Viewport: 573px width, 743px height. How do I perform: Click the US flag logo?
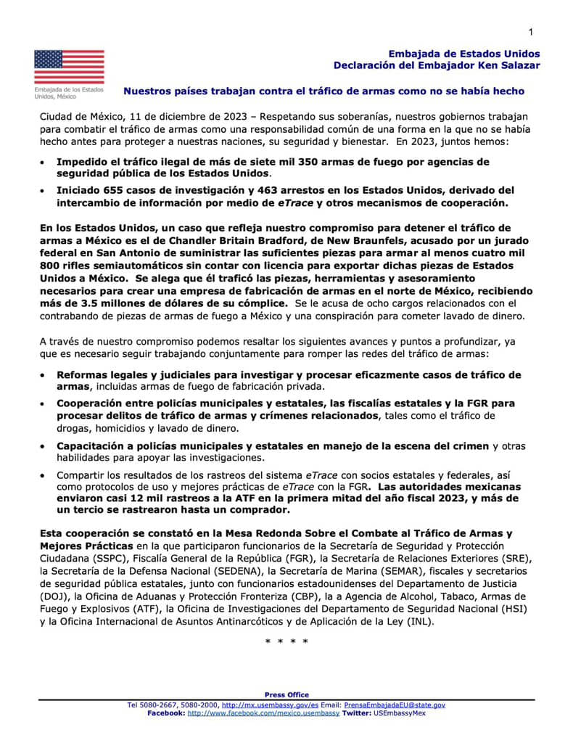point(69,67)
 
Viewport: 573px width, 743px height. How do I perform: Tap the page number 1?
point(531,31)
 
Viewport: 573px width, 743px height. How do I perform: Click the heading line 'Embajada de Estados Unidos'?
point(464,54)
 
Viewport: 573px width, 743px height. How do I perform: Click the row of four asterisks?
point(287,642)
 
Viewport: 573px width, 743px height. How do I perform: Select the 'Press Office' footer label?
point(286,694)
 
